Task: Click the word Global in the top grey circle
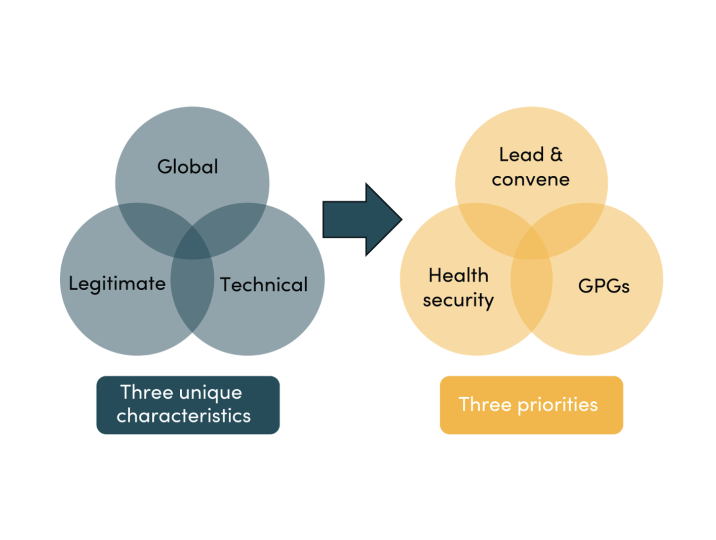pos(187,167)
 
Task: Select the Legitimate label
pos(117,284)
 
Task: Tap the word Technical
pos(263,285)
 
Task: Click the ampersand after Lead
pos(556,155)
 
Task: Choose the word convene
pos(530,179)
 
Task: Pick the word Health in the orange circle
pos(458,276)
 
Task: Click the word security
pos(458,300)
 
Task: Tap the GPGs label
pos(604,286)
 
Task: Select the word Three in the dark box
pos(139,392)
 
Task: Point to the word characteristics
pos(183,416)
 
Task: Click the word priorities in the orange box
pos(558,405)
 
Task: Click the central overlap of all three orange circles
pos(531,246)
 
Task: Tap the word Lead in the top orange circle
pos(521,155)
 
